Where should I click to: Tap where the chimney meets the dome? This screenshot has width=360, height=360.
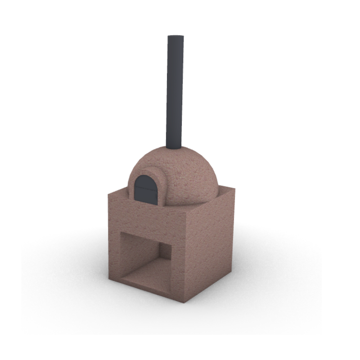174,148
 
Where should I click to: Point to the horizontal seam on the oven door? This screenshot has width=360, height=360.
144,188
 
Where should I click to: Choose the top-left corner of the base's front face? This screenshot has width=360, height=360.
108,194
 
